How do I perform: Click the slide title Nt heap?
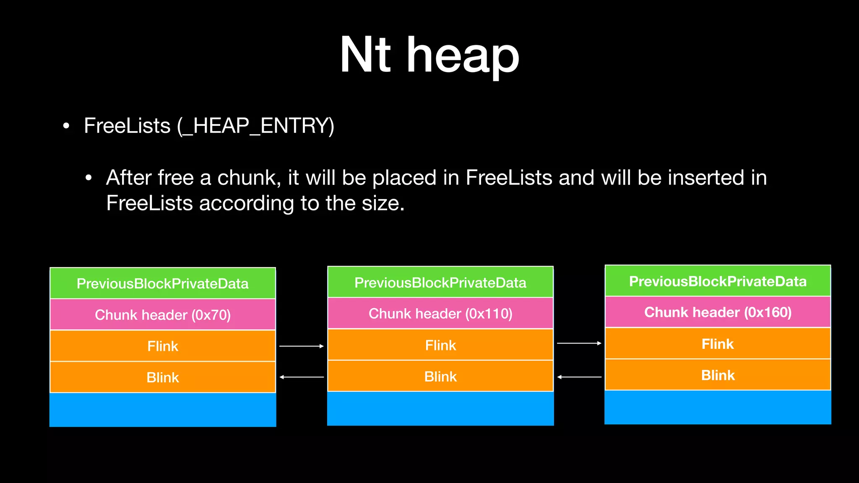429,55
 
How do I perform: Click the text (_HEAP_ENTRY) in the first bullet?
255,126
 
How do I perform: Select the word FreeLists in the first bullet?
127,126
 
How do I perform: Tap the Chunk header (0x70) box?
163,314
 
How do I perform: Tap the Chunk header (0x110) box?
440,313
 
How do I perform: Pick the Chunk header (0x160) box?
718,312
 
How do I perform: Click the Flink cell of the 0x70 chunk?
163,346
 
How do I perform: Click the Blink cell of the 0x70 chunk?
163,377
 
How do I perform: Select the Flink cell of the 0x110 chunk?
440,345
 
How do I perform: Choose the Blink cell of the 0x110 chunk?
440,376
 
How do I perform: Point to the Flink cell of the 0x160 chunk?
718,344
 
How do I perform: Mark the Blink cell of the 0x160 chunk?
718,375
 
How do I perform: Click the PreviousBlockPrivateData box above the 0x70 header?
163,283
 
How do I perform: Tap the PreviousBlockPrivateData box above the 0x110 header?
440,282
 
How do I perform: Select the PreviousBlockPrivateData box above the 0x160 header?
718,281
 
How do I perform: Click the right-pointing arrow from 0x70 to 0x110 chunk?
302,346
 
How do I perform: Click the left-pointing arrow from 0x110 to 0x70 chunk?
302,377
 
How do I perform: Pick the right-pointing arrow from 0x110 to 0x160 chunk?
579,343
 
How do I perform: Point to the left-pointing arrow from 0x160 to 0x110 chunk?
579,377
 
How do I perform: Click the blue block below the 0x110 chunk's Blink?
440,408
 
